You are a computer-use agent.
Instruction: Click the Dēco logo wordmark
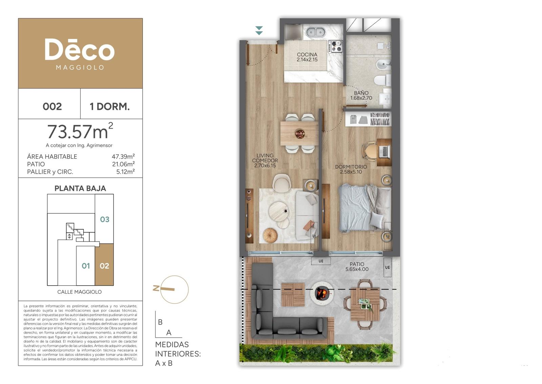pyautogui.click(x=80, y=50)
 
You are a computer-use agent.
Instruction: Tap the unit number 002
pyautogui.click(x=52, y=107)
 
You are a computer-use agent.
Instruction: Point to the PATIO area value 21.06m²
pyautogui.click(x=123, y=164)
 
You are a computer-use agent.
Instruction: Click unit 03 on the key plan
pyautogui.click(x=105, y=219)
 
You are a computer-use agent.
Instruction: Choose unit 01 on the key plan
pyautogui.click(x=86, y=266)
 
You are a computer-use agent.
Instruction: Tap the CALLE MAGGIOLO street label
pyautogui.click(x=79, y=292)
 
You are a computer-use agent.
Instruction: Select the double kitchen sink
pyautogui.click(x=316, y=32)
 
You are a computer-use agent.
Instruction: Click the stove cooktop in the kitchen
pyautogui.click(x=335, y=46)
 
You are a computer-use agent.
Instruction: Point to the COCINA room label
pyautogui.click(x=307, y=55)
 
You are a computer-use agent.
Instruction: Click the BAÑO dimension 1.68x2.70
pyautogui.click(x=361, y=98)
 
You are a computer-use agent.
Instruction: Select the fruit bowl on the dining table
pyautogui.click(x=300, y=134)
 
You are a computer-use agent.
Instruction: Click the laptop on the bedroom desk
pyautogui.click(x=384, y=151)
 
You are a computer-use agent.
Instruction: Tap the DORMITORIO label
pyautogui.click(x=351, y=167)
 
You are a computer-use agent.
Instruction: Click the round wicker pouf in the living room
pyautogui.click(x=270, y=235)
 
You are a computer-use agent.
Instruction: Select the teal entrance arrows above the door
pyautogui.click(x=259, y=31)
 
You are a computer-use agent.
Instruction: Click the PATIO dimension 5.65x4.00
pyautogui.click(x=357, y=269)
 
